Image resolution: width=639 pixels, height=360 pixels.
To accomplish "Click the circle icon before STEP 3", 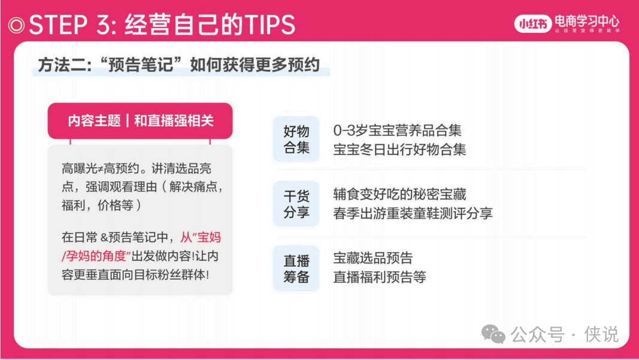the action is point(16,25).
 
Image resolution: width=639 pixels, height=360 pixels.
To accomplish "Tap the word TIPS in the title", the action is point(269,25).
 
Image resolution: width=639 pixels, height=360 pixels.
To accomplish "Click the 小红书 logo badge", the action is point(532,24).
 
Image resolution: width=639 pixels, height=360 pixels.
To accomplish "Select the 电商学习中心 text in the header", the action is point(587,21).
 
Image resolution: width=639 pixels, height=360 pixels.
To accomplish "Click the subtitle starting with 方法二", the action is point(179,65).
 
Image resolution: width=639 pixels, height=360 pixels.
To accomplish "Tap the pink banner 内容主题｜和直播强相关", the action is point(140,120).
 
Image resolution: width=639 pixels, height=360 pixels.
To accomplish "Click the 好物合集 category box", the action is point(296,139).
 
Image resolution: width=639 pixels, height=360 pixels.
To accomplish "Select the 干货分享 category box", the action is point(296,204).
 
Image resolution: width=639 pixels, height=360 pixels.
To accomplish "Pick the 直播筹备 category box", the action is point(296,268).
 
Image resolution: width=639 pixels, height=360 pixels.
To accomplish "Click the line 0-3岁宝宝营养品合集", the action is point(397,131).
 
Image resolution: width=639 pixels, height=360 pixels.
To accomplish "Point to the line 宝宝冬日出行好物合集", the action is point(399,150).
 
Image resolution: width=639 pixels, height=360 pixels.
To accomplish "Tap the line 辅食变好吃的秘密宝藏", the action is point(399,195).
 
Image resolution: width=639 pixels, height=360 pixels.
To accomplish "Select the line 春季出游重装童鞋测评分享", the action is point(413,213).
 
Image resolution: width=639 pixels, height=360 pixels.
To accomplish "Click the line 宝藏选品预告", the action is point(373,258).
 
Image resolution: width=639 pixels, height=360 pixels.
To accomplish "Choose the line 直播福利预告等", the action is point(380,277).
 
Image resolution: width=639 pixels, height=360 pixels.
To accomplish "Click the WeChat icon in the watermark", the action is point(493,334).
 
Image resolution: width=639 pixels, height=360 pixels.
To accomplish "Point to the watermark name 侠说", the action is point(601,334).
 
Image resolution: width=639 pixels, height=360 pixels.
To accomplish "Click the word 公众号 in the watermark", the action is point(537,334).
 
